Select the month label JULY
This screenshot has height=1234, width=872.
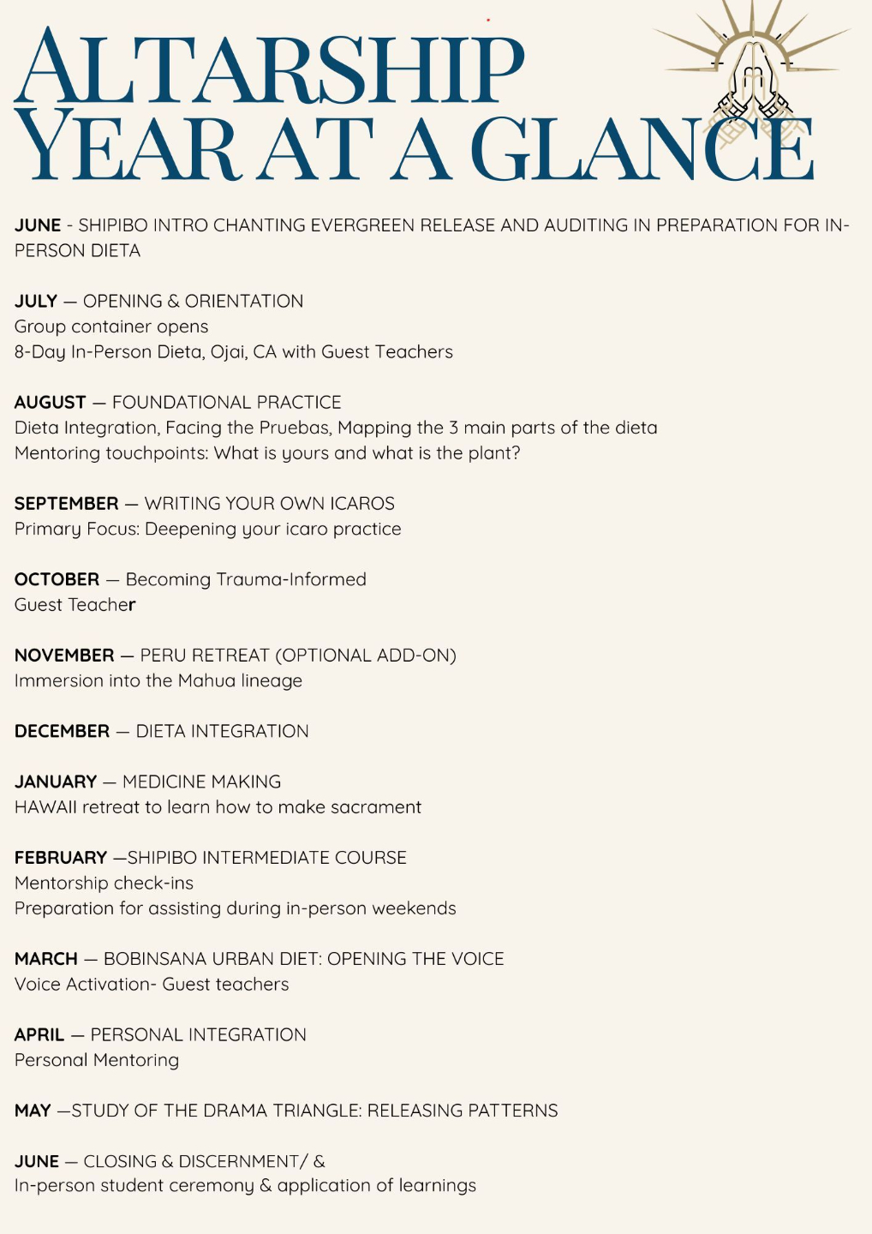36,302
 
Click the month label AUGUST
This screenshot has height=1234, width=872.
51,403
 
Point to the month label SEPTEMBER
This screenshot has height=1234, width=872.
66,504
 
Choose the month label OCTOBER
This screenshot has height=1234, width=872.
57,579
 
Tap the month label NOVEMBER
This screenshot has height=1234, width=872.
64,656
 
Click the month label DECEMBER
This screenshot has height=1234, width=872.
62,732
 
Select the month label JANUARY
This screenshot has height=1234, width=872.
56,782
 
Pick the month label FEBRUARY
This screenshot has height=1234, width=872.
61,858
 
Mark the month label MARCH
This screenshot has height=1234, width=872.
46,959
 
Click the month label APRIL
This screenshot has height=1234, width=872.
39,1035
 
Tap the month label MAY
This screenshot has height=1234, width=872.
33,1111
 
